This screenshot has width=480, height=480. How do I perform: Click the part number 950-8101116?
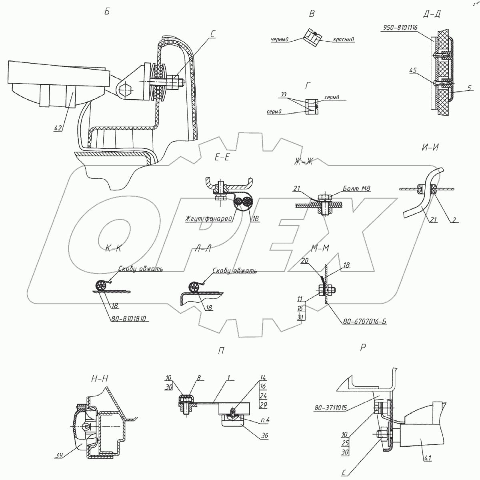click(x=400, y=28)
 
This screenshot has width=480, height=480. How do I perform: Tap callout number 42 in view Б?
click(x=58, y=128)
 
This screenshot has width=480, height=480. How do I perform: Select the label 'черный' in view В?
click(x=280, y=40)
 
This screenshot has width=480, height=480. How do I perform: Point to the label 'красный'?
click(x=344, y=39)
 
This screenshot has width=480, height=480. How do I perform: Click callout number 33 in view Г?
click(x=284, y=95)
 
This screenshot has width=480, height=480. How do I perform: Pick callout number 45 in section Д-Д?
click(x=413, y=71)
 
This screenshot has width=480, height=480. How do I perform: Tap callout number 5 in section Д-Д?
click(x=469, y=88)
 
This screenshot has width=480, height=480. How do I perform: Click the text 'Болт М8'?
click(x=357, y=188)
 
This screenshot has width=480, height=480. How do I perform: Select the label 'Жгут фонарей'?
click(x=209, y=219)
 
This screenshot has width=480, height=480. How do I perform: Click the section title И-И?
click(x=430, y=148)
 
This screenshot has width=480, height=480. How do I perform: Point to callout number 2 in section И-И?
click(x=454, y=220)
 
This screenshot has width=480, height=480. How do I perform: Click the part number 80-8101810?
click(x=129, y=318)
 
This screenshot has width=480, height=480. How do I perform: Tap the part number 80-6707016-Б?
click(x=365, y=321)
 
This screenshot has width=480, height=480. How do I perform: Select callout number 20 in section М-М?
click(x=305, y=261)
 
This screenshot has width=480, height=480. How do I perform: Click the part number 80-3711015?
click(x=331, y=415)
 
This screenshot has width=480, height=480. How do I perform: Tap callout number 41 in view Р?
click(x=428, y=458)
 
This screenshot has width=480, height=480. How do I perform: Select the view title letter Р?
click(x=363, y=348)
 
